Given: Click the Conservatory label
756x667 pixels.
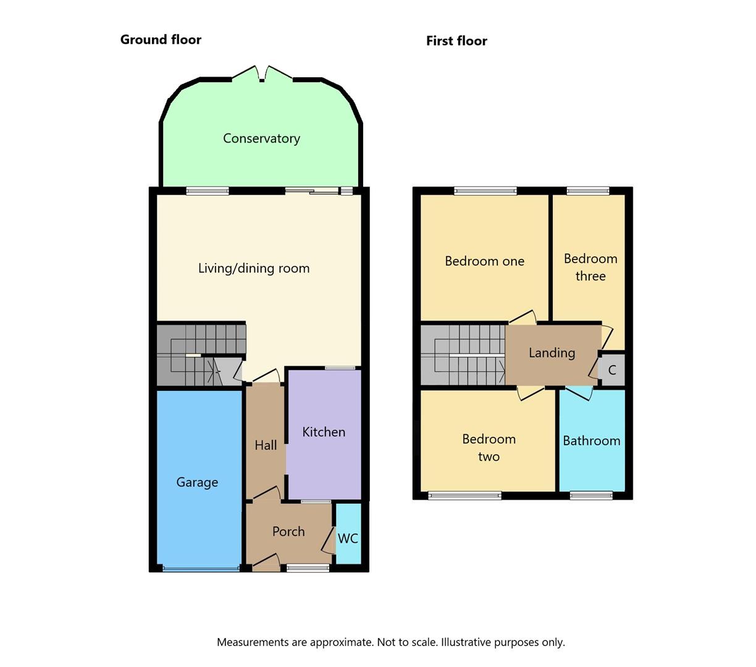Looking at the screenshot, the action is (x=261, y=138).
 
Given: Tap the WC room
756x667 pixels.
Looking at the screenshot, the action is (x=348, y=534).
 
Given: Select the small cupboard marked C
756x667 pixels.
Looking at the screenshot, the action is (x=611, y=369).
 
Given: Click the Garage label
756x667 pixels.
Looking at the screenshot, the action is (x=197, y=482).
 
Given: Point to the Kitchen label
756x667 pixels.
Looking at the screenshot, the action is (x=324, y=432).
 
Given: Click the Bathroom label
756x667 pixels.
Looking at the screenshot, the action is (x=592, y=441).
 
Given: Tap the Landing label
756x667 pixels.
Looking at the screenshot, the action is (x=552, y=353).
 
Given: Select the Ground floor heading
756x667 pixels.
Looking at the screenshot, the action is (x=161, y=40).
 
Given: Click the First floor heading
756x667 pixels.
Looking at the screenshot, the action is (x=456, y=41).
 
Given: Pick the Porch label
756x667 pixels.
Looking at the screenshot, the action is (x=288, y=531).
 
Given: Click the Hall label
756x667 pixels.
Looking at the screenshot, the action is (x=266, y=445).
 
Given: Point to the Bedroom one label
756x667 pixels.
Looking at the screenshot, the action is (x=484, y=261).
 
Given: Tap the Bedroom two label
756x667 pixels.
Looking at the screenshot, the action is (x=489, y=448).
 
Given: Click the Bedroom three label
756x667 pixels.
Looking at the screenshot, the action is (x=590, y=267).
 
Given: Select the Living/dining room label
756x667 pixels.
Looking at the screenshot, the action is (x=254, y=269).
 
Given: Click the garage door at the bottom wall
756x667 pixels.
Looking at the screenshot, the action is (x=201, y=569).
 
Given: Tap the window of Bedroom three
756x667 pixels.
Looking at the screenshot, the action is (x=588, y=191).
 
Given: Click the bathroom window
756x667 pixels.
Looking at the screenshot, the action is (x=592, y=495).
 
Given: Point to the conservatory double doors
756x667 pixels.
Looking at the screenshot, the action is (x=262, y=73).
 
